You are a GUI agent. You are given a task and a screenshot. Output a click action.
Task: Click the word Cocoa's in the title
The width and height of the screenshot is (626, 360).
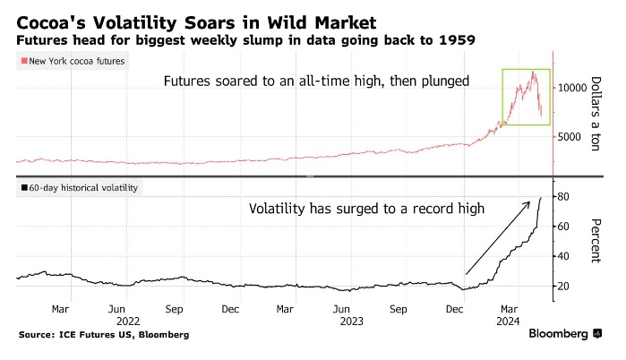50,20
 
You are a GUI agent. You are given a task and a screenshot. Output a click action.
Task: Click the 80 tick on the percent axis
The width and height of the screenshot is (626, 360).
563,196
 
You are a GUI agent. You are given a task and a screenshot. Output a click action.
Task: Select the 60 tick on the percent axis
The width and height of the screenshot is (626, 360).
563,226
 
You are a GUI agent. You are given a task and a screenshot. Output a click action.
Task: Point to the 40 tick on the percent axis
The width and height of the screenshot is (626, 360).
563,256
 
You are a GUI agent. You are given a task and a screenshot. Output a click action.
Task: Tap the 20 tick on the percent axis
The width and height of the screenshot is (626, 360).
563,286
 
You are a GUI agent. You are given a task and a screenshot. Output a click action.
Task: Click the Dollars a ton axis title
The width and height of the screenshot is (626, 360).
594,112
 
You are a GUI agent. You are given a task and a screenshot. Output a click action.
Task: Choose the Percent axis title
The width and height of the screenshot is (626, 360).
594,240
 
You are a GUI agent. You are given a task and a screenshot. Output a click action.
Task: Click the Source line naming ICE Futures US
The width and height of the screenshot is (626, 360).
103,334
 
